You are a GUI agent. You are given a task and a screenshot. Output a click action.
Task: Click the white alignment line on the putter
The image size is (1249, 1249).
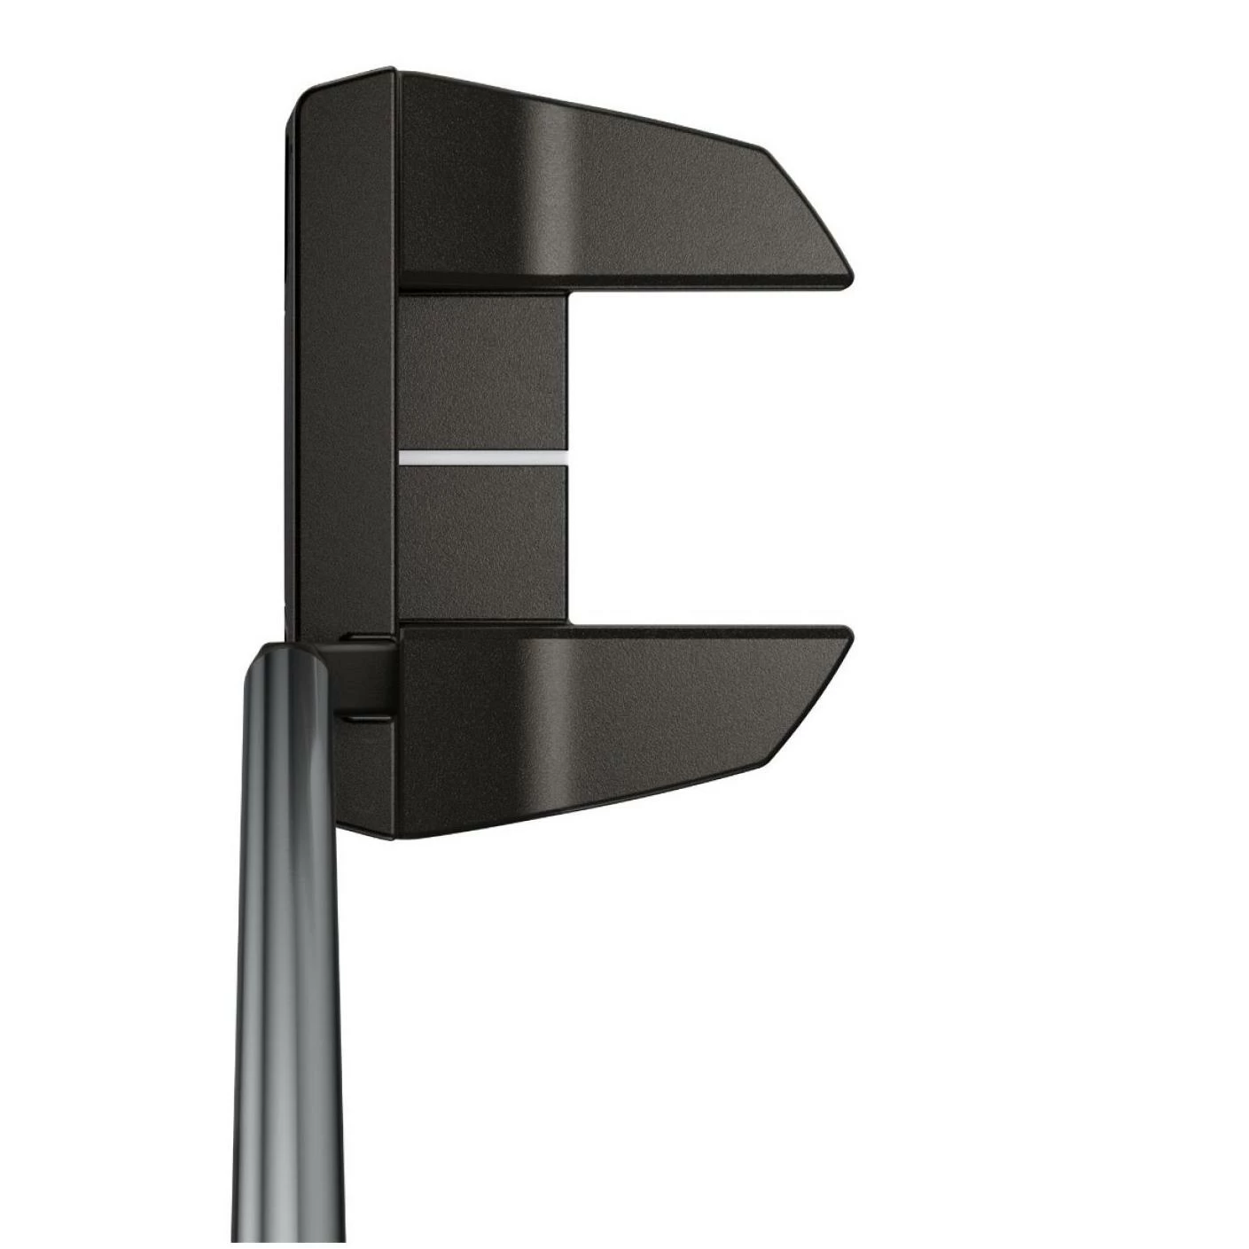(483, 457)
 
